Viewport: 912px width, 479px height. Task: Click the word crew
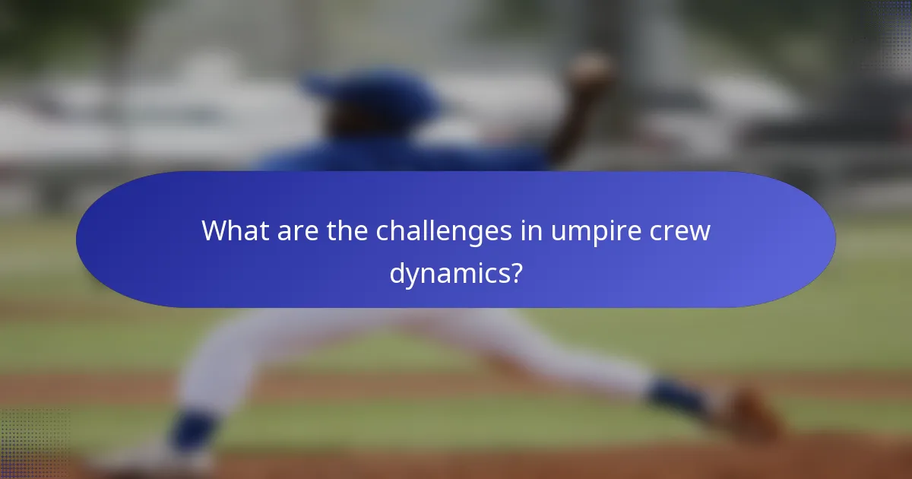click(682, 231)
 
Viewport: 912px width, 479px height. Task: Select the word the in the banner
click(347, 231)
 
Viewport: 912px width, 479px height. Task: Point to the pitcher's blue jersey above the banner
click(403, 160)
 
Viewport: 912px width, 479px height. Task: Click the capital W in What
click(213, 231)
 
